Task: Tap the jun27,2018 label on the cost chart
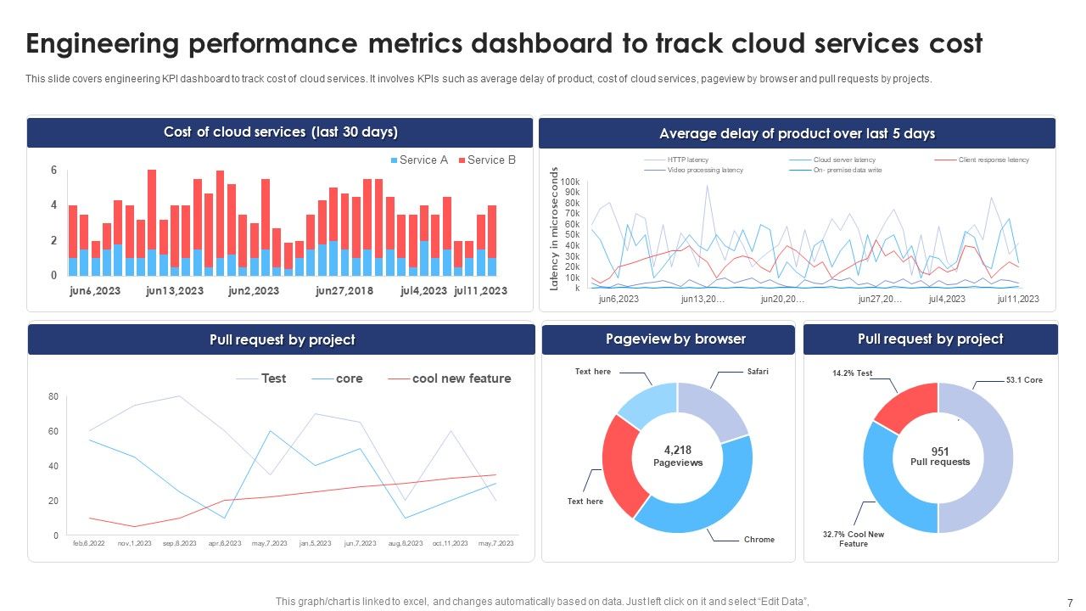click(x=344, y=291)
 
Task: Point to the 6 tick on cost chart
click(x=53, y=171)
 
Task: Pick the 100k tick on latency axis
click(x=570, y=182)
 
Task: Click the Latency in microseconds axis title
click(x=555, y=229)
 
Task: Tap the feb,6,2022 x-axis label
click(x=88, y=543)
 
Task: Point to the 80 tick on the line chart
click(x=53, y=396)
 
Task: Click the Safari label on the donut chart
click(x=758, y=372)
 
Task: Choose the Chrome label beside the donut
click(x=759, y=540)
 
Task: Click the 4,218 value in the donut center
click(x=677, y=450)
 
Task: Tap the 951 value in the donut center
click(x=939, y=451)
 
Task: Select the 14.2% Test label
click(x=852, y=373)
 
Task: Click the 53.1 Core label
click(x=1024, y=380)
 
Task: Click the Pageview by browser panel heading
click(x=675, y=339)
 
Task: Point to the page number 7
click(x=1069, y=603)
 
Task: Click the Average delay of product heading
click(x=797, y=134)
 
